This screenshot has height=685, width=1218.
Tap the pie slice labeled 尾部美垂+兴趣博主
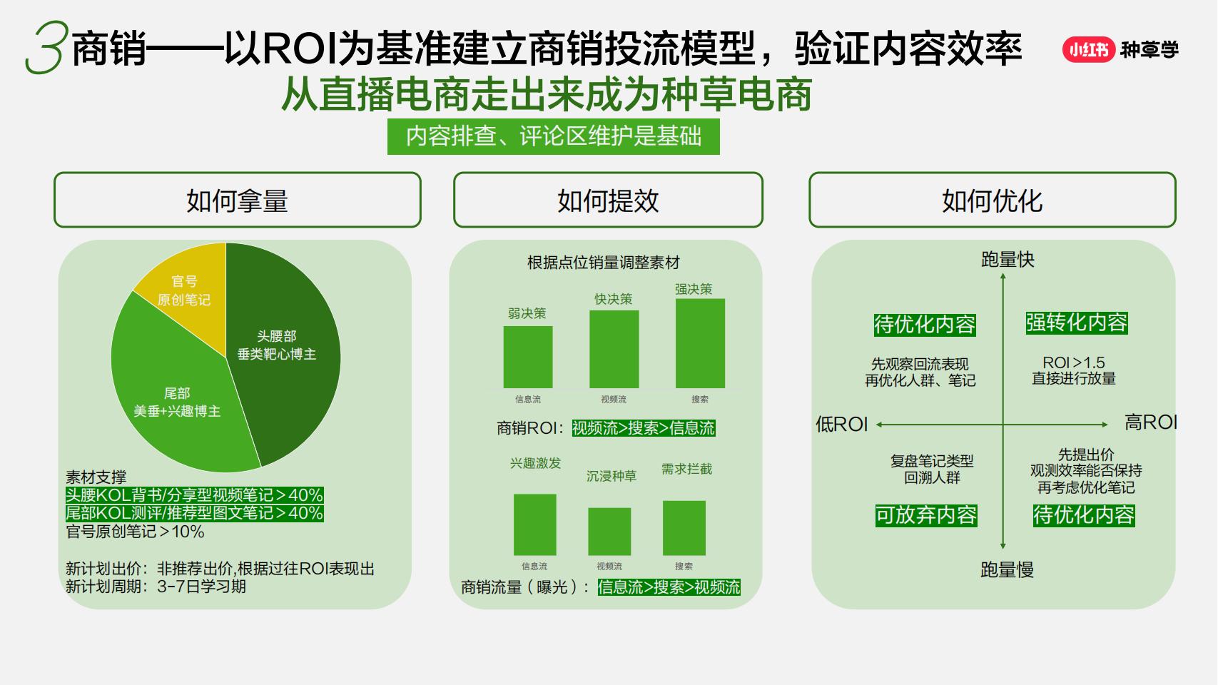(x=178, y=407)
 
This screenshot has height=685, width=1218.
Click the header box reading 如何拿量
(x=237, y=201)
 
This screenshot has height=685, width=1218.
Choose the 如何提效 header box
(x=608, y=201)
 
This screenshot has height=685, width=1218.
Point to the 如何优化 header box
(x=992, y=201)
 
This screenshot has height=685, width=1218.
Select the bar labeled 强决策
(x=700, y=343)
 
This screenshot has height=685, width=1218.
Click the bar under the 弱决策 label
(x=528, y=357)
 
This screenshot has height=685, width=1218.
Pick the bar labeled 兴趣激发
(x=535, y=524)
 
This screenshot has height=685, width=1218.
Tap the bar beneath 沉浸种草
(x=609, y=531)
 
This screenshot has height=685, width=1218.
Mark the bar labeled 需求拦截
(x=684, y=527)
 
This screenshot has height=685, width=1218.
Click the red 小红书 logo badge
(x=1088, y=49)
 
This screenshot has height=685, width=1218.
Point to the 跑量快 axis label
(x=1008, y=259)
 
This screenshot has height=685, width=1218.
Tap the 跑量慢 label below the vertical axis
(x=1007, y=569)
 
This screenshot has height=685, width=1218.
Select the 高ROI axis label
(x=1150, y=422)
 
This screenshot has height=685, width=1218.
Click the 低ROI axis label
(x=842, y=424)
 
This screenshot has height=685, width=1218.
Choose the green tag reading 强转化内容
(x=1077, y=323)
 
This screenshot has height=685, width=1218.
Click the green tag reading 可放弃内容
(x=926, y=515)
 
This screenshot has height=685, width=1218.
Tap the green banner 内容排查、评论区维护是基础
(x=554, y=136)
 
